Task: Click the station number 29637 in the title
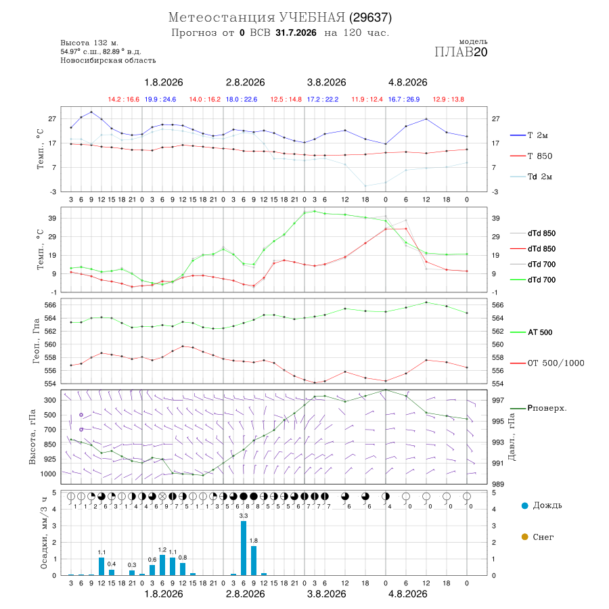tap(370, 18)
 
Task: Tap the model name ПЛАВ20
tap(461, 52)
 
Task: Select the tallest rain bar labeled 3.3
tap(244, 548)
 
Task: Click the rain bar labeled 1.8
tap(254, 560)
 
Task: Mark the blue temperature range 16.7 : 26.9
tap(404, 99)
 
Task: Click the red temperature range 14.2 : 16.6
tap(124, 99)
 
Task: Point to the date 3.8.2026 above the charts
tap(326, 83)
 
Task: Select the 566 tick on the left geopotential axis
tap(50, 305)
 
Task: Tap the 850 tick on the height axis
tap(49, 445)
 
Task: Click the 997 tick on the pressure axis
tap(498, 400)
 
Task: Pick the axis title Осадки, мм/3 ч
tap(43, 533)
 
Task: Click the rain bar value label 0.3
tap(132, 565)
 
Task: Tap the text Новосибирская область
tap(108, 60)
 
